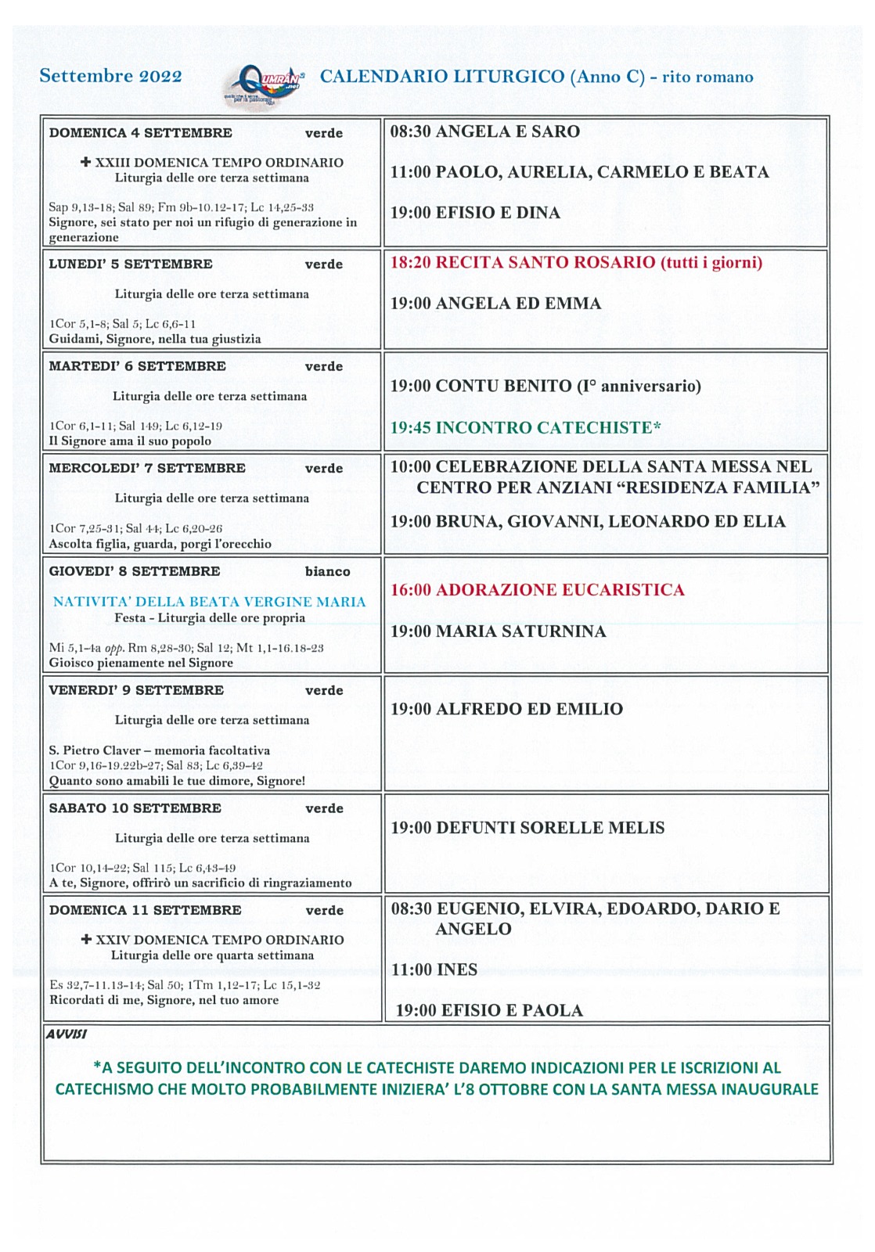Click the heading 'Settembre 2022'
(x=110, y=76)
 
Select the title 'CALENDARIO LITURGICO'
(x=442, y=77)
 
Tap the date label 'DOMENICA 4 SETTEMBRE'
(x=140, y=133)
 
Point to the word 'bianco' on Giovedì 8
(x=327, y=571)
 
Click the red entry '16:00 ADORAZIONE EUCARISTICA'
(x=537, y=590)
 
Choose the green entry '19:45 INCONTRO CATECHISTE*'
(x=525, y=427)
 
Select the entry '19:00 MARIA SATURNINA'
(x=498, y=631)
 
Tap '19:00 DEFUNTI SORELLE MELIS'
(x=528, y=828)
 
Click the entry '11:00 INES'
(x=434, y=970)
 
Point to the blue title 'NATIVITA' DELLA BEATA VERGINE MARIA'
(x=209, y=602)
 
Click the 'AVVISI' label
(x=67, y=1034)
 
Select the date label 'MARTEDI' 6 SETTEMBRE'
(x=137, y=366)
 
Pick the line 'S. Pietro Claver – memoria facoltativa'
(x=159, y=750)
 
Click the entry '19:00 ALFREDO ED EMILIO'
(x=506, y=709)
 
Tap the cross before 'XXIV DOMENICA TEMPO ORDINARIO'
(x=87, y=939)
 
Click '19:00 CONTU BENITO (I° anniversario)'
(x=546, y=386)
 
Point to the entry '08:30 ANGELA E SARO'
(x=484, y=131)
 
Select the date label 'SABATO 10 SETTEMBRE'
(x=135, y=808)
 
